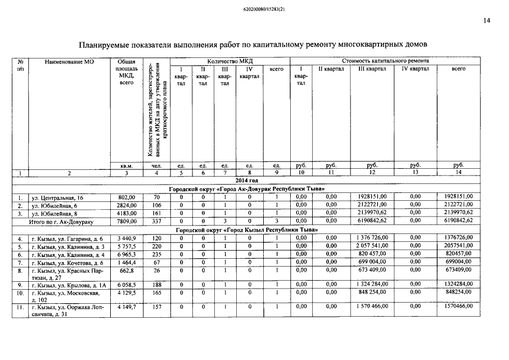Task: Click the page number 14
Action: pyautogui.click(x=487, y=21)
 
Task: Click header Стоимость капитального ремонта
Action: pyautogui.click(x=385, y=61)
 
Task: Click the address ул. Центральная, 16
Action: pyautogui.click(x=57, y=197)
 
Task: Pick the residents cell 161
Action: pyautogui.click(x=156, y=213)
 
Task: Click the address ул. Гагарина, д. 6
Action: pyautogui.click(x=67, y=238)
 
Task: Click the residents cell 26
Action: pyautogui.click(x=156, y=271)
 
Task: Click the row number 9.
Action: pyautogui.click(x=20, y=285)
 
